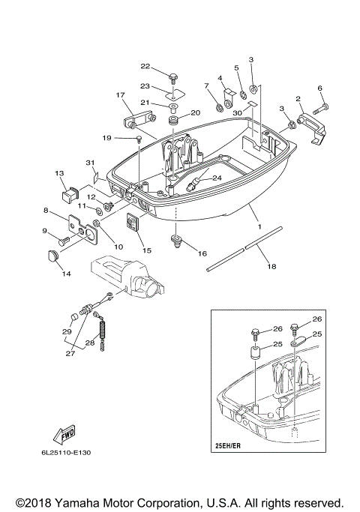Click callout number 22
coord(145,67)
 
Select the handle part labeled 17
coord(133,118)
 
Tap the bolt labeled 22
coord(174,76)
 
